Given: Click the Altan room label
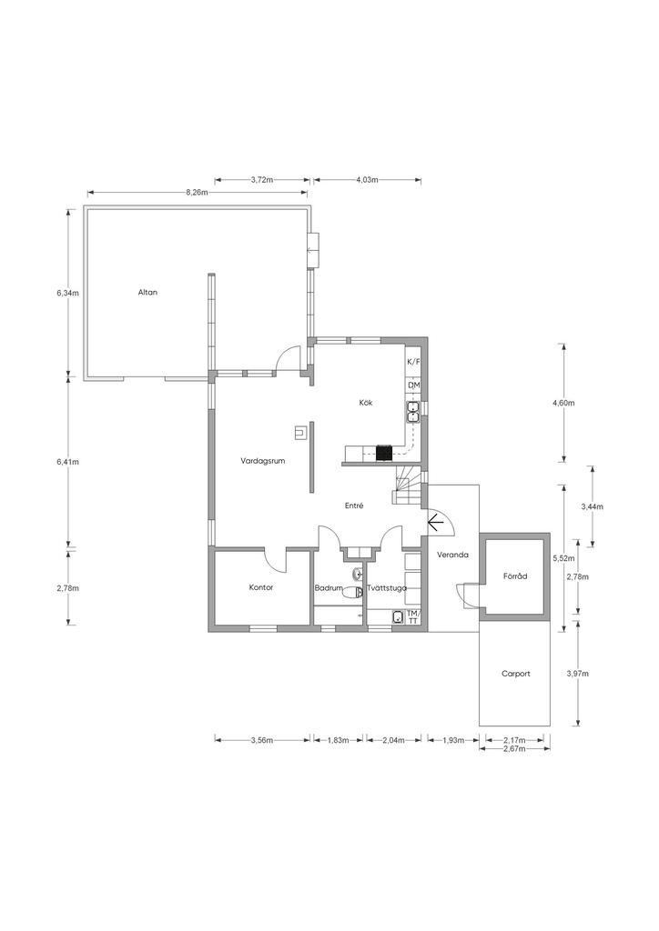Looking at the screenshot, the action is pos(147,292).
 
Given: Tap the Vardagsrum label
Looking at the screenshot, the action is pos(263,461).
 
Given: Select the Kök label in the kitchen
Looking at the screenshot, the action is pos(365,403).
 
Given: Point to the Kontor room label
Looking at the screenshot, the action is pos(261,587).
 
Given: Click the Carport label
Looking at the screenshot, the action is pos(515,674).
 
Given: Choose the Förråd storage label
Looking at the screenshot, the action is pos(515,576).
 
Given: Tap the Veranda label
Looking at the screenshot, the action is pos(452,556).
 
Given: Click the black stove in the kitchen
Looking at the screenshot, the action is pos(384,453).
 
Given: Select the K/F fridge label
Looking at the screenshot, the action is pos(413,362).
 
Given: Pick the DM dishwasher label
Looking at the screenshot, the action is pos(413,385).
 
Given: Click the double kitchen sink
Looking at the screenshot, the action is pos(413,412).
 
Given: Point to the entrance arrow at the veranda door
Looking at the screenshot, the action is pos(436,522).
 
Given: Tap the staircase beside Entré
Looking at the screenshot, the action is pos(406,484).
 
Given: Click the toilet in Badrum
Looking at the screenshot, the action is pos(355,592).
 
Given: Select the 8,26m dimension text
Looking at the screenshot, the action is pos(197,192).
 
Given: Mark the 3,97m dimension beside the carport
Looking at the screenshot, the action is pos(578,674).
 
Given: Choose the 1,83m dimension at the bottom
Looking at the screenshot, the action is pos(338,740).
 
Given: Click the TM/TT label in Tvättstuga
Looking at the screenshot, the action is pos(413,617).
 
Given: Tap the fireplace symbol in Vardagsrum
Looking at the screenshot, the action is pos(300,433).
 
